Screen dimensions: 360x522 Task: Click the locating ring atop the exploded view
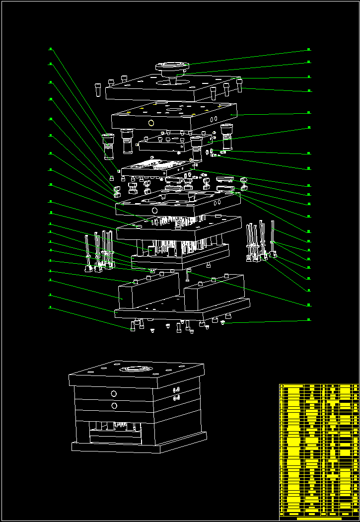[x=172, y=66]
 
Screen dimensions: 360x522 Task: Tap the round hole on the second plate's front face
[x=151, y=122]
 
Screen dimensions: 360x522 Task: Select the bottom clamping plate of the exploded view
[x=181, y=310]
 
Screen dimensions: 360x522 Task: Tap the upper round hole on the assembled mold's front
[x=114, y=394]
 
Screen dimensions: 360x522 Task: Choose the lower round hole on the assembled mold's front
[x=114, y=406]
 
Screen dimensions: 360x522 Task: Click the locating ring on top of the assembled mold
[x=135, y=369]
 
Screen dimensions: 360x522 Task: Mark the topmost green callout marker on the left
[x=50, y=49]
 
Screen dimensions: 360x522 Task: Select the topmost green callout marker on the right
[x=309, y=50]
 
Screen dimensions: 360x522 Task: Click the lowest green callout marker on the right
[x=309, y=320]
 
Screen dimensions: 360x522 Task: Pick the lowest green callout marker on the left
[x=50, y=307]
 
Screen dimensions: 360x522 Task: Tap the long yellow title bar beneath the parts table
[x=318, y=519]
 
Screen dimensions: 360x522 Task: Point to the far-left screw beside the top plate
[x=97, y=89]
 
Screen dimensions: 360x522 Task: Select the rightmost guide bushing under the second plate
[x=227, y=138]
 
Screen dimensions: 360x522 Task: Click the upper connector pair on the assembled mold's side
[x=176, y=390]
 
